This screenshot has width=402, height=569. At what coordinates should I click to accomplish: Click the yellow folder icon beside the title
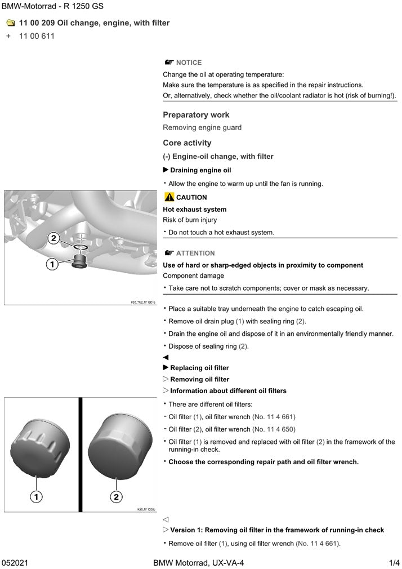10,23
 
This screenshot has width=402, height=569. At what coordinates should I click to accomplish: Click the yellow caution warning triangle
169,197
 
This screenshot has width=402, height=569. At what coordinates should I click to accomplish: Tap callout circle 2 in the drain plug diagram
53,238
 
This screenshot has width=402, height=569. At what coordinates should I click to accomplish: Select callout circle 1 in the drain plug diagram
52,264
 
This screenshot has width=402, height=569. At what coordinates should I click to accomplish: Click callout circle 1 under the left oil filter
36,496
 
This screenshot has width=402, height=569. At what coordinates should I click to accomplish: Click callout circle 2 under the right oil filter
115,496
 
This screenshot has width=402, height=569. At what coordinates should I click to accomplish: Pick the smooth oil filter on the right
121,443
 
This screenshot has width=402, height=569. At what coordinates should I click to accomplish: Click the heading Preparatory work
196,115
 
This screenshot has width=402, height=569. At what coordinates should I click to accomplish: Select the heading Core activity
187,143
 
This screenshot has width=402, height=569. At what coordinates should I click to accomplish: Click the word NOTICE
189,63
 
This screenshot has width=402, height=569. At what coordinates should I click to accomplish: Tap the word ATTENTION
195,254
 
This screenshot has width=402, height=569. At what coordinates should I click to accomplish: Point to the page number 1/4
394,563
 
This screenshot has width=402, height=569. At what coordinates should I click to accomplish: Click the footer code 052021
15,563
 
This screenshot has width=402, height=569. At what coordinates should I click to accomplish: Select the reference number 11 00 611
37,36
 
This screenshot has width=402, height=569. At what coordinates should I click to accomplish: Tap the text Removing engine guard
202,128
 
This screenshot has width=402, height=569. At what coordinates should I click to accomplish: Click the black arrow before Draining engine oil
166,170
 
